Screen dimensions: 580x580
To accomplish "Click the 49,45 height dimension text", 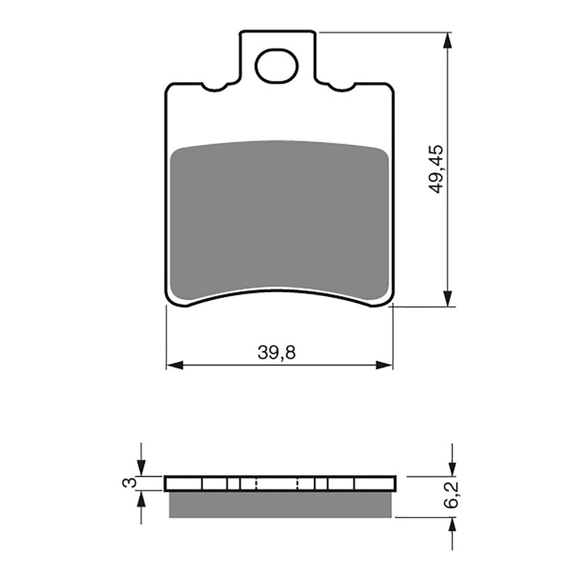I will click(x=436, y=168).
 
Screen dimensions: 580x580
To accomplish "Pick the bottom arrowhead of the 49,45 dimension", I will click(x=449, y=298).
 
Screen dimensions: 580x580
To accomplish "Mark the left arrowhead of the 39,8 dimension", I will click(x=175, y=364).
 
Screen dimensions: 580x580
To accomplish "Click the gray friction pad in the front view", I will click(x=279, y=217).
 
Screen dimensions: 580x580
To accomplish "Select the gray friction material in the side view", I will click(x=281, y=505).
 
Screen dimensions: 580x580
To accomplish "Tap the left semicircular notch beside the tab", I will click(x=215, y=88).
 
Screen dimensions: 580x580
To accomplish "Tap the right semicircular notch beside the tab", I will click(x=341, y=88).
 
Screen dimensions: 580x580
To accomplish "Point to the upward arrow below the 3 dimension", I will click(x=141, y=500).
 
